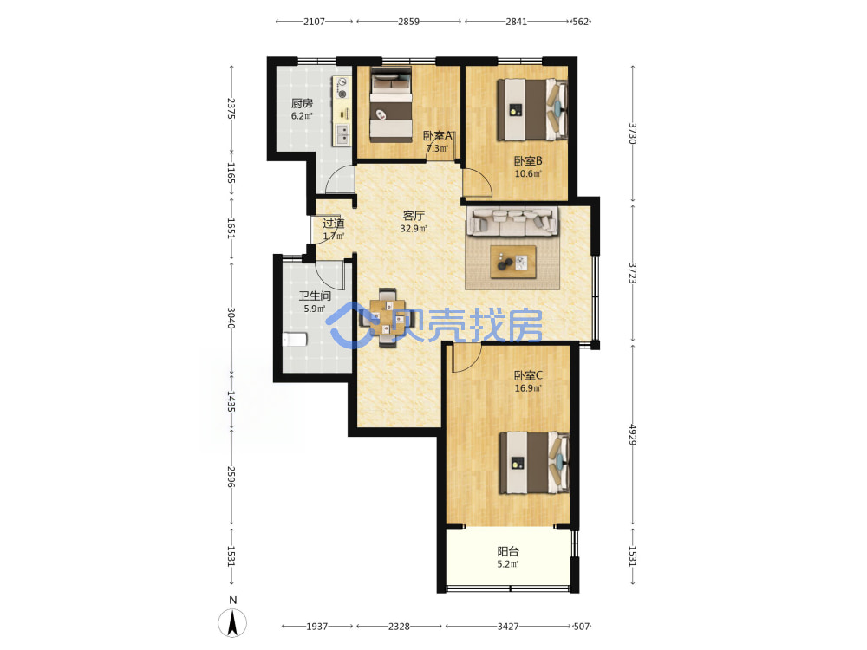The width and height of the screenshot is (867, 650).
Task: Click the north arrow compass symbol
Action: point(232,622)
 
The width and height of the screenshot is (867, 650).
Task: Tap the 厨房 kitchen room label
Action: point(302,103)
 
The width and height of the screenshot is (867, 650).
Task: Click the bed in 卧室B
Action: point(532,109)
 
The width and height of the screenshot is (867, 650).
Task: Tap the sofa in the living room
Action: point(512,222)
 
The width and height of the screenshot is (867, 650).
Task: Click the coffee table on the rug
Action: point(513,262)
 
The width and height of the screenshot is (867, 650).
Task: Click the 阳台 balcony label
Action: point(508,551)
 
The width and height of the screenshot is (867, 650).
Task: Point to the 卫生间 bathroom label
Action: point(315,296)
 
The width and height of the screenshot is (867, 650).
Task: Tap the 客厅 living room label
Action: point(414,216)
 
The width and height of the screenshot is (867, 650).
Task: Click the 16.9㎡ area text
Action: point(528,388)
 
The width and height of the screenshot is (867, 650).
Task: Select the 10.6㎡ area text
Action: point(528,173)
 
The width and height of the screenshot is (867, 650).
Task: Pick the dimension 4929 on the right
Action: point(633,434)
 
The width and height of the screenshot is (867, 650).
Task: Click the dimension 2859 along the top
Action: point(408,22)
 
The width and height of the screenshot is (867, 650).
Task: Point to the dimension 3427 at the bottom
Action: point(507,627)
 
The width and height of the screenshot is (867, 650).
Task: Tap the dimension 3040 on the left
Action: point(231,318)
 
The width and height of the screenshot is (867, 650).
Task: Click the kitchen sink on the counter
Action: point(342,134)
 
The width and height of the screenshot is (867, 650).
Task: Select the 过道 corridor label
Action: point(334,224)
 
